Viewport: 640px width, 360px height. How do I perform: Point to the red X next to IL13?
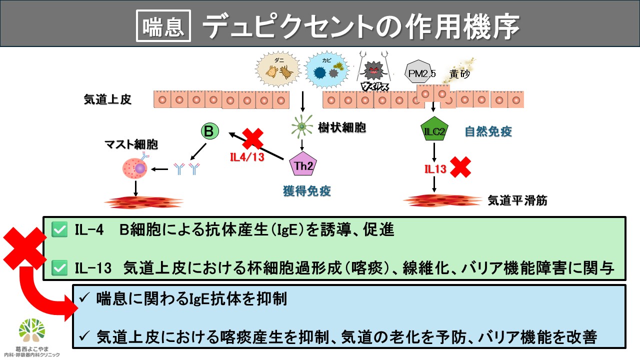[460, 168]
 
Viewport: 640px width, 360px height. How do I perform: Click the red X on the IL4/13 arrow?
[253, 138]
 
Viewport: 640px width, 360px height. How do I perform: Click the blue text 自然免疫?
[488, 132]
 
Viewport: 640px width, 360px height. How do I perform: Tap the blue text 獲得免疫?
[307, 191]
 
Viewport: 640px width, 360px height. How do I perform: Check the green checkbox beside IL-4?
[60, 230]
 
